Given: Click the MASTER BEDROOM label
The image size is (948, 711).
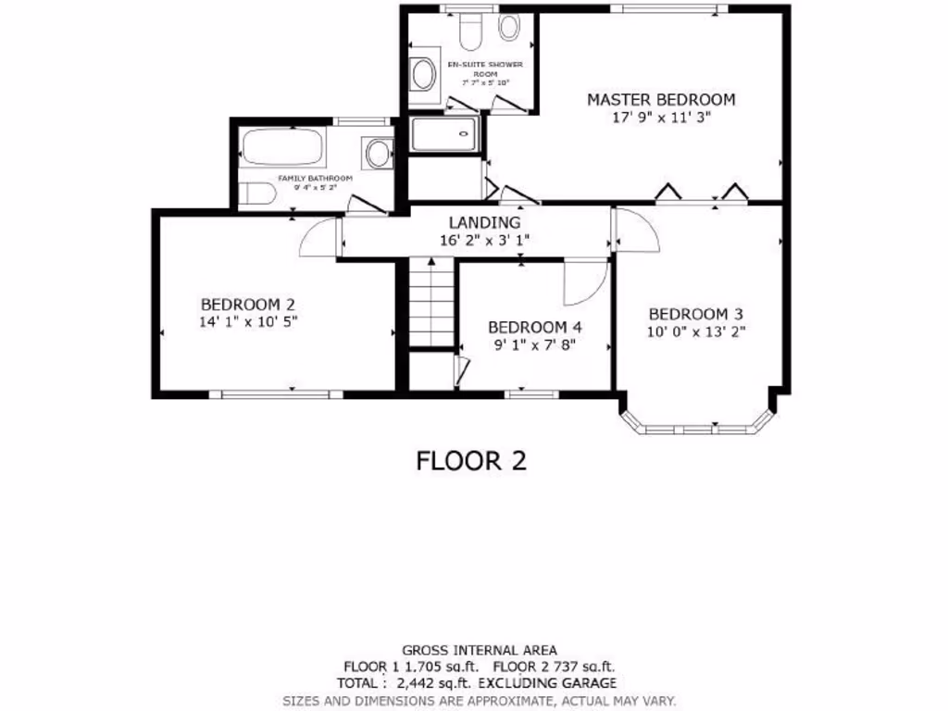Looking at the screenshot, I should click(661, 99).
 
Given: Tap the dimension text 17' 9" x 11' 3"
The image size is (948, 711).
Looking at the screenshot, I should click(661, 118).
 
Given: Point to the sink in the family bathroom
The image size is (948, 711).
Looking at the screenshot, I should click(378, 154).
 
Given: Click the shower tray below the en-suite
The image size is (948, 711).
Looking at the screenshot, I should click(445, 134).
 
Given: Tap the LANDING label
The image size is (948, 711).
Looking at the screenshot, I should click(484, 222).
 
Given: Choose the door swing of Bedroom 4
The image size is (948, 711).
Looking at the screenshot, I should click(585, 282).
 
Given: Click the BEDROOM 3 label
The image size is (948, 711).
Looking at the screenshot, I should click(695, 314).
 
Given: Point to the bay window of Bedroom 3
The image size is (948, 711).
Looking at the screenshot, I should click(696, 429).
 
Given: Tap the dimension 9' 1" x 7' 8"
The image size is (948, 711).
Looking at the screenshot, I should click(534, 344).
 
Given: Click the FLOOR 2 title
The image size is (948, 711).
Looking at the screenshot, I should click(471, 460).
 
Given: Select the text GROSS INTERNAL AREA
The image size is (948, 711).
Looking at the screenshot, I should click(479, 650).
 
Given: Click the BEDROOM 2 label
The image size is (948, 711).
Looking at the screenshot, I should click(247, 304).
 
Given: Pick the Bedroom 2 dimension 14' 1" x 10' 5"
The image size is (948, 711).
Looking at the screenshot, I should click(247, 322).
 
